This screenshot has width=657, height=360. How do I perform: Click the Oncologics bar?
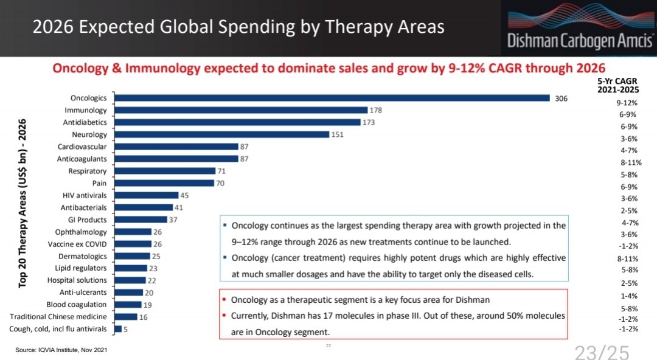pyautogui.click(x=332, y=98)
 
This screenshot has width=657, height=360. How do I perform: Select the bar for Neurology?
pyautogui.click(x=221, y=134)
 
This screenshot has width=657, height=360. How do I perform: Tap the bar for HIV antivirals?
pyautogui.click(x=146, y=195)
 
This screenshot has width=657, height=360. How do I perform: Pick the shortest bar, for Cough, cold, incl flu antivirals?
pyautogui.click(x=117, y=329)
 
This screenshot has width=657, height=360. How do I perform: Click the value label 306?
pyautogui.click(x=561, y=98)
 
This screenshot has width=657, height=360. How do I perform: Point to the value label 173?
pyautogui.click(x=369, y=122)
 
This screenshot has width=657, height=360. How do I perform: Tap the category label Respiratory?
pyautogui.click(x=88, y=171)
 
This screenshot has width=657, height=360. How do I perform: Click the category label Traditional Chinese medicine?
pyautogui.click(x=58, y=317)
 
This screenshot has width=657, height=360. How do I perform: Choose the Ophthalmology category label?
pyautogui.click(x=81, y=232)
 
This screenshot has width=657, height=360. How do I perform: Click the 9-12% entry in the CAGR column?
pyautogui.click(x=627, y=103)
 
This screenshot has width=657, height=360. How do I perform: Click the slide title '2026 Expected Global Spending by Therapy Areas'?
pyautogui.click(x=238, y=27)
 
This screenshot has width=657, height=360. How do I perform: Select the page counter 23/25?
pyautogui.click(x=602, y=351)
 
